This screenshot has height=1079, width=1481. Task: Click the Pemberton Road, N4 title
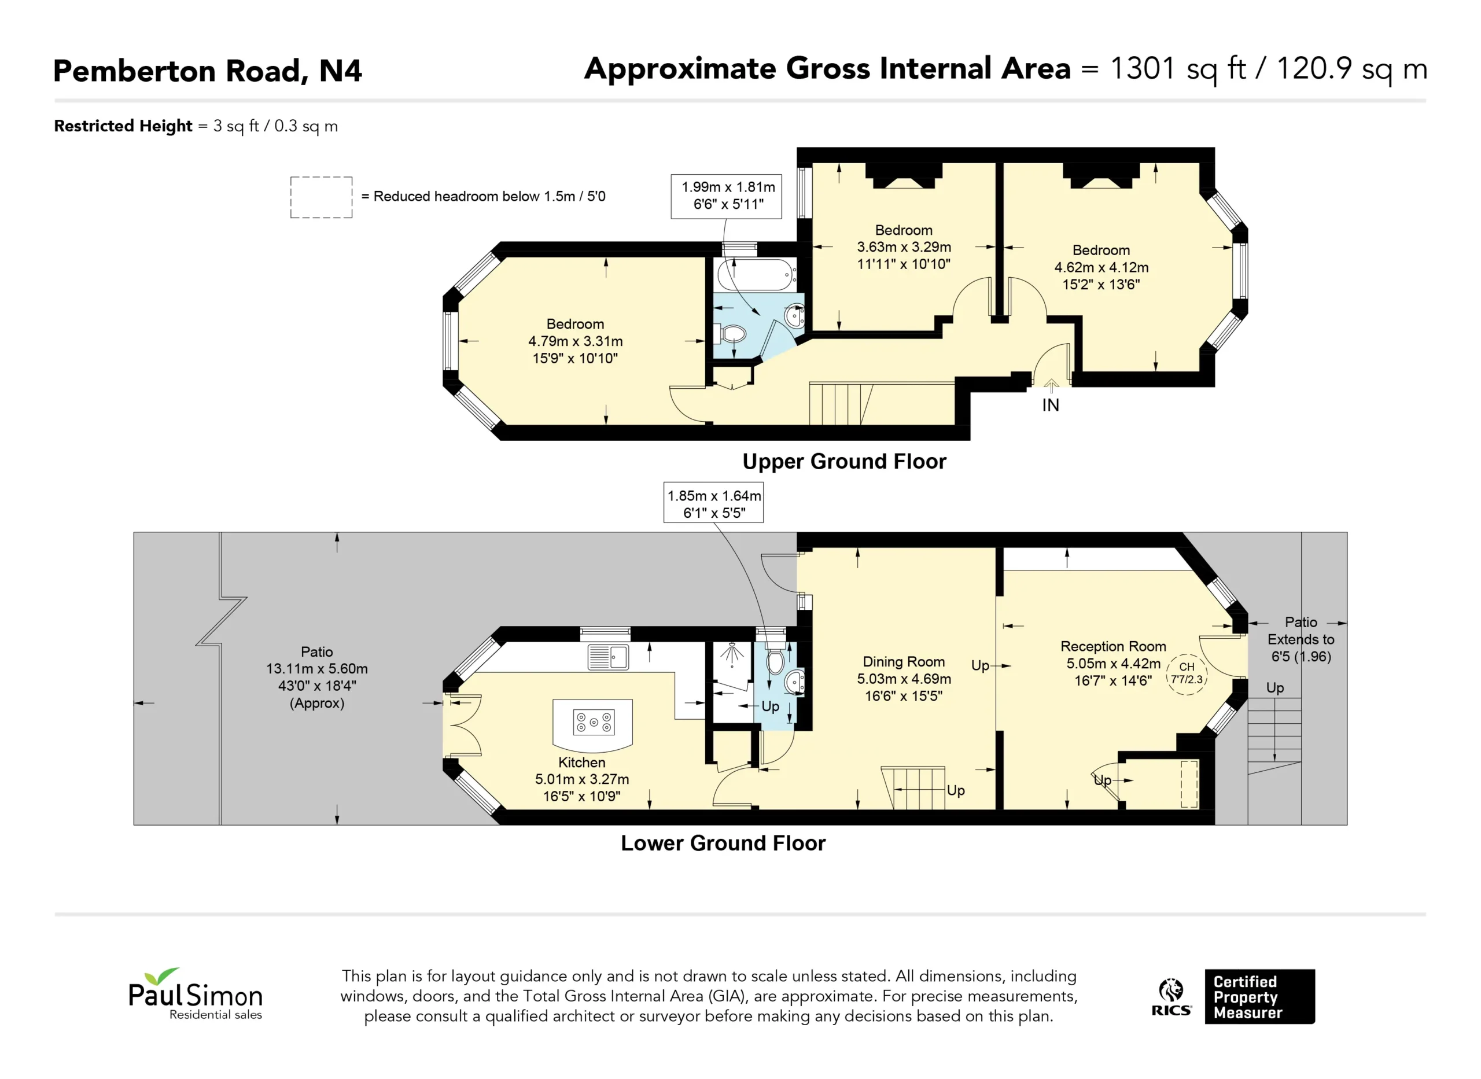click(x=207, y=71)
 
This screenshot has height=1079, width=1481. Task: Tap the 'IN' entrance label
click(x=1051, y=406)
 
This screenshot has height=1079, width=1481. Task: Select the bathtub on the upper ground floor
click(x=756, y=275)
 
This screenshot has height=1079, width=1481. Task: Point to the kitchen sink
click(x=608, y=657)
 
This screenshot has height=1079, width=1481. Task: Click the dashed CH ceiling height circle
click(x=1187, y=674)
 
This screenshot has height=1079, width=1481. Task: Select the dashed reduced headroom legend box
click(x=321, y=197)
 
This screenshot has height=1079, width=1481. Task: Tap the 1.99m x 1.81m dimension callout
click(x=726, y=196)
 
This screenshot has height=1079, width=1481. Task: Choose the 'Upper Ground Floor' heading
click(x=844, y=462)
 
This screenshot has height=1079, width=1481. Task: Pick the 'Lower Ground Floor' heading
click(x=723, y=843)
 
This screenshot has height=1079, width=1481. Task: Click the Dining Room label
click(x=904, y=662)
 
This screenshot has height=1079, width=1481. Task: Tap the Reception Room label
click(x=1114, y=646)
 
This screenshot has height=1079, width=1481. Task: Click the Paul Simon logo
click(x=196, y=993)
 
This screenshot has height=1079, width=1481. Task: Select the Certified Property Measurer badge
click(x=1259, y=997)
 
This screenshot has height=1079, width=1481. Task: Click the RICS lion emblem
click(x=1171, y=990)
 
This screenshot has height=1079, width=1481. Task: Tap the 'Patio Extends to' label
click(x=1301, y=631)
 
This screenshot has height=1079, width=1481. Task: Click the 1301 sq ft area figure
click(x=1177, y=69)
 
